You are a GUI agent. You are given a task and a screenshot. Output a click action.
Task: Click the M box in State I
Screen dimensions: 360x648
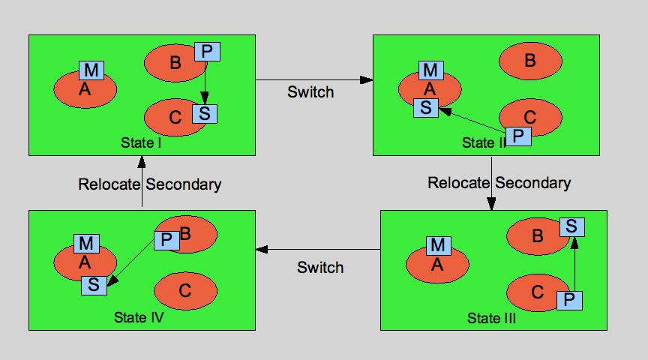pos(91,70)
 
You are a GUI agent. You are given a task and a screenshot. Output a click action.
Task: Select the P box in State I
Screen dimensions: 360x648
pos(207,52)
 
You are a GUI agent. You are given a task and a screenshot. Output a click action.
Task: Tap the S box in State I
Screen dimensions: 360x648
pos(205,114)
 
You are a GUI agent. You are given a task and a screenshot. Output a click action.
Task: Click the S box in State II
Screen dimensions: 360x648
pos(426,107)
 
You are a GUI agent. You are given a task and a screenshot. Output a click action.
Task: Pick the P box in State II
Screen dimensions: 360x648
pos(518,136)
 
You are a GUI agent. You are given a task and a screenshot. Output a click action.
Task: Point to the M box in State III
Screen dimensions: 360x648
pos(439,245)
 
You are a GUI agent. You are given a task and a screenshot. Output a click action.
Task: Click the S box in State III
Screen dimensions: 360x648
pos(572,226)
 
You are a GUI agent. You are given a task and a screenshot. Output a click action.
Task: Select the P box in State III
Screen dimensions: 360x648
pos(570,300)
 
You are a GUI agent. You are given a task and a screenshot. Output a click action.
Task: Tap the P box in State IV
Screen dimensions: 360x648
pos(166,240)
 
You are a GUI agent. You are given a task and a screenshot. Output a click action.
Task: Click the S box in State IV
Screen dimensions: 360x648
pos(94,285)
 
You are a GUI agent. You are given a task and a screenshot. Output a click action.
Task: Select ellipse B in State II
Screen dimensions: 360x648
pos(531,60)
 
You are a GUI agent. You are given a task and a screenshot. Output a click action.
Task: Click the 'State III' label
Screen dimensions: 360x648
pos(492,318)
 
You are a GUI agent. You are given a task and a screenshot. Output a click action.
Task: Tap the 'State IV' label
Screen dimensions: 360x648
pos(139,317)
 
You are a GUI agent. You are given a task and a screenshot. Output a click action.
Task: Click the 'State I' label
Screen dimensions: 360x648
pos(141,142)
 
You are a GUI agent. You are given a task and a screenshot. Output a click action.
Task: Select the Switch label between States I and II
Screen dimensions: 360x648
pos(310,92)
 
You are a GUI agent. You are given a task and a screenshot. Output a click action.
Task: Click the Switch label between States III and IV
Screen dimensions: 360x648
pos(320,267)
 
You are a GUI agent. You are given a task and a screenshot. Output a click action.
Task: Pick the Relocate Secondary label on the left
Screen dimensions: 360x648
pos(150,184)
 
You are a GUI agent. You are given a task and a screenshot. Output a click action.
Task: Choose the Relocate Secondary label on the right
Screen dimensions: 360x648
pos(499,182)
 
